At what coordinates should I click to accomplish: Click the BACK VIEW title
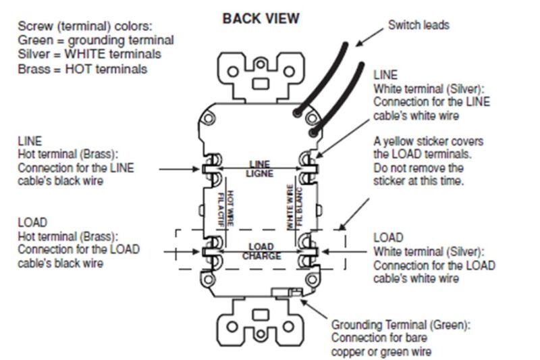click(x=261, y=18)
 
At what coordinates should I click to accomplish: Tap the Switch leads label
click(x=418, y=26)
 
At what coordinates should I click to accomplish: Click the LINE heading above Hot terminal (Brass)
click(x=30, y=141)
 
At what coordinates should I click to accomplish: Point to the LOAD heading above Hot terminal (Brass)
click(x=32, y=222)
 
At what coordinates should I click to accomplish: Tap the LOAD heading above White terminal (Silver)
click(x=388, y=238)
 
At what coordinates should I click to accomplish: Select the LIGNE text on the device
click(x=260, y=173)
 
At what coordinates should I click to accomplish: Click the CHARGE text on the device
click(x=261, y=256)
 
